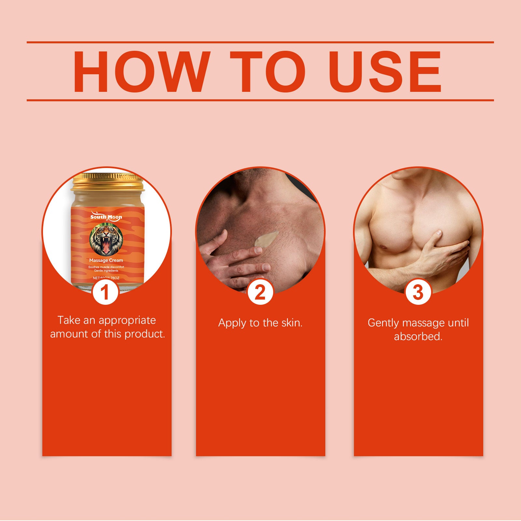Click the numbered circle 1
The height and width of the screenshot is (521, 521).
(x=105, y=292)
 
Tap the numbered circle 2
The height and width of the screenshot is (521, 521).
(x=260, y=292)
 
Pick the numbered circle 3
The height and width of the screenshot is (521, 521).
(x=418, y=292)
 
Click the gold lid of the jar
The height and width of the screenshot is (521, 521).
(x=107, y=182)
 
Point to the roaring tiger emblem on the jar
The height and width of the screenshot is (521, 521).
(x=106, y=239)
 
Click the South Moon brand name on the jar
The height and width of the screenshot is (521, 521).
(x=106, y=217)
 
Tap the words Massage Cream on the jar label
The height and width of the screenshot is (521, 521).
(x=106, y=260)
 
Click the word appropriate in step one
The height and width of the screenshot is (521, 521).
(x=127, y=320)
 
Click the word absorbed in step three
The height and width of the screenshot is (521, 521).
(x=418, y=336)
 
